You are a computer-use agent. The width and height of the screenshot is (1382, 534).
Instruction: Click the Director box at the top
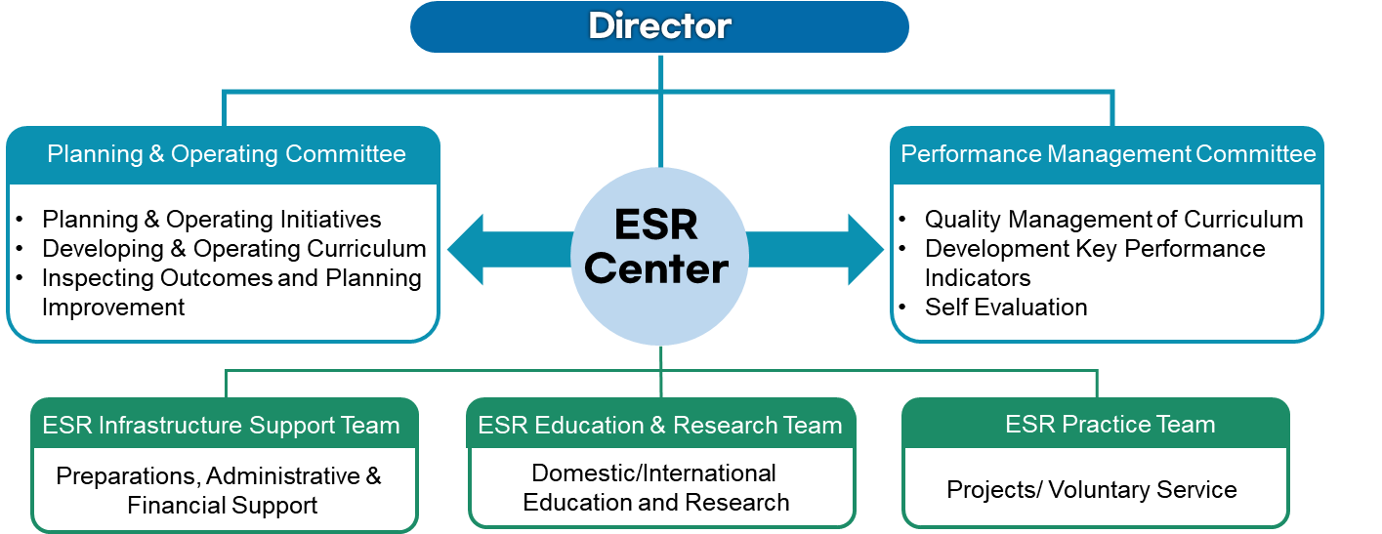(659, 26)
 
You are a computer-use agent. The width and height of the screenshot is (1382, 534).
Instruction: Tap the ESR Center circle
(660, 248)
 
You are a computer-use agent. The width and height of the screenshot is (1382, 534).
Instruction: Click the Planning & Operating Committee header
(227, 154)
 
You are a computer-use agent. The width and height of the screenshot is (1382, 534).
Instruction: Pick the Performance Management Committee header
(1108, 154)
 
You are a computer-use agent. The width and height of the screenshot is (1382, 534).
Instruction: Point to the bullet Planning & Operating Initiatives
(211, 220)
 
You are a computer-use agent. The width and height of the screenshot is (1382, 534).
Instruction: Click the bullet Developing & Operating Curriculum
(233, 249)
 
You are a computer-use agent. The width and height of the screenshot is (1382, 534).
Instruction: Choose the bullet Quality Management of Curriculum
(1113, 220)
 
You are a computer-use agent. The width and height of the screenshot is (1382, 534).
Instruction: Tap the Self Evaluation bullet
(1006, 308)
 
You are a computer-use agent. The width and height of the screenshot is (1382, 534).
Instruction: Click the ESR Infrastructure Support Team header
(222, 426)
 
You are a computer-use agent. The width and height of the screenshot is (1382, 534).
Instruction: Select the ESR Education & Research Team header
(660, 426)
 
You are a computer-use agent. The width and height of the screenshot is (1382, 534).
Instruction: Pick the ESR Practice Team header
(1110, 425)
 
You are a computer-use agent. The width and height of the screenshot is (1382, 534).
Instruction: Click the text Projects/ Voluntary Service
(1092, 490)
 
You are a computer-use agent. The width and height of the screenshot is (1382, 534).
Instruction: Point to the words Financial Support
(223, 506)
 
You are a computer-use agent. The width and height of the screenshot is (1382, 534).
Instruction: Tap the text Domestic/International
(654, 473)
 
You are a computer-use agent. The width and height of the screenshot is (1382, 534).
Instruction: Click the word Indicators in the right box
(978, 278)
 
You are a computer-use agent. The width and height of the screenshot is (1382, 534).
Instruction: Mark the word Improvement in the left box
(113, 308)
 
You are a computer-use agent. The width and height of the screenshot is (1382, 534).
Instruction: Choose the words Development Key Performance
(1095, 249)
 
